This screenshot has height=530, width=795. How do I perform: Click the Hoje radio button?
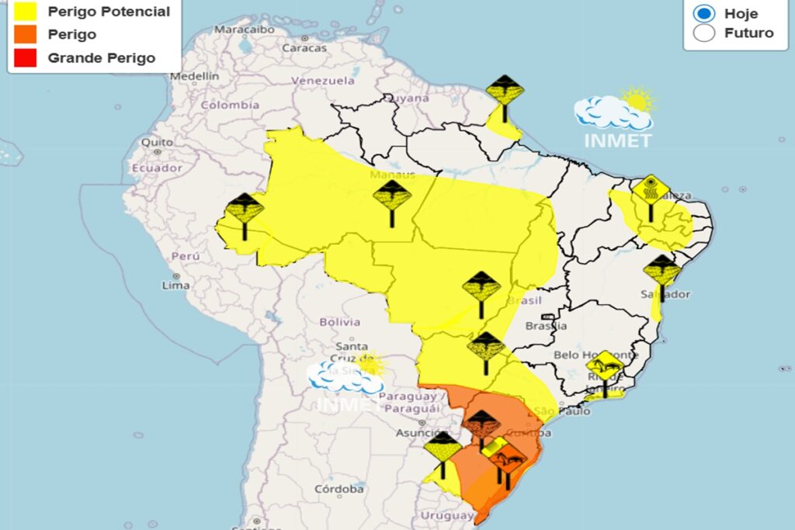coord(705,13)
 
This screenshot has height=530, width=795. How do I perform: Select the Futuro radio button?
coord(705,33)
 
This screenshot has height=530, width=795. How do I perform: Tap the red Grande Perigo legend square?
coord(26,57)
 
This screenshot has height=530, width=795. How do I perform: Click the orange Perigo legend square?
coord(26,35)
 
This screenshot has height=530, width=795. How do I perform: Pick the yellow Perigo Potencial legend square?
coord(26,12)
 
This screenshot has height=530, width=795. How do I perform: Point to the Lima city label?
coord(175,285)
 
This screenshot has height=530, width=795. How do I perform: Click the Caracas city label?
coord(304,47)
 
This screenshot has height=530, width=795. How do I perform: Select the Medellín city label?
coord(194,76)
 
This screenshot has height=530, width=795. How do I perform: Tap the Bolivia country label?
coord(340,321)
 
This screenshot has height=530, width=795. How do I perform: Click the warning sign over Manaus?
coord(392,198)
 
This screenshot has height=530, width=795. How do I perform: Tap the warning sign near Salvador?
coord(662,272)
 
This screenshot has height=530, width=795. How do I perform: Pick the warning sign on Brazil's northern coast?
coord(505,92)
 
